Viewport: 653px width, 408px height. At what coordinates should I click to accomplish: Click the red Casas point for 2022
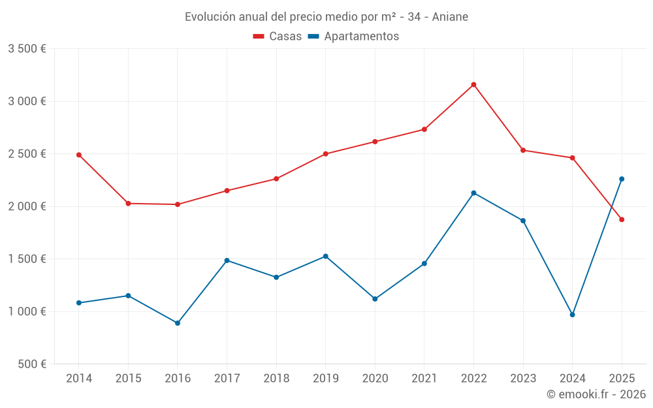tap(473, 84)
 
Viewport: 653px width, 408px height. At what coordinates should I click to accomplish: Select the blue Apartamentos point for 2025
tap(622, 179)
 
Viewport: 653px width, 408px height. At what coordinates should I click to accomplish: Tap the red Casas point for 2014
tap(79, 155)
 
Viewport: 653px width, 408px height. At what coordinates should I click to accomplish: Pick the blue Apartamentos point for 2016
tap(178, 323)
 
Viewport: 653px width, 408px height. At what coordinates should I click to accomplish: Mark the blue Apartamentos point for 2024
tap(573, 315)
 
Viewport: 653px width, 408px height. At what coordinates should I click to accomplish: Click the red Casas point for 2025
tap(622, 219)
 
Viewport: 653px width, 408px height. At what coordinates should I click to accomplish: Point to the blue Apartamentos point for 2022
tap(473, 193)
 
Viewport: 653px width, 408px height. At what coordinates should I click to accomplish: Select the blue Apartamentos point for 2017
tap(227, 260)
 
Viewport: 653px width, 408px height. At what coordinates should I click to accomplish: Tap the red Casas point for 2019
tap(326, 154)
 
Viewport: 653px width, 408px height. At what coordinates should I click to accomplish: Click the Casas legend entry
tap(278, 37)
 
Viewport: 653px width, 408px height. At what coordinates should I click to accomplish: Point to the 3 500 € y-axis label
tap(27, 49)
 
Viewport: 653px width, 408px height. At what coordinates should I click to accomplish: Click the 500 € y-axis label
tap(31, 364)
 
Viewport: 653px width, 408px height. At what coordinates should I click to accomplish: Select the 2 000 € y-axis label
tap(27, 206)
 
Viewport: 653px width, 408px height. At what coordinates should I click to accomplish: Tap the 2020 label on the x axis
tap(375, 379)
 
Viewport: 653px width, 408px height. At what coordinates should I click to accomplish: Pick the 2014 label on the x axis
tap(79, 379)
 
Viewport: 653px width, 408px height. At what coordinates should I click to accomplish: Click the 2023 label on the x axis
tap(523, 379)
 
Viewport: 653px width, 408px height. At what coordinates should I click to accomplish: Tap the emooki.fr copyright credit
tap(596, 394)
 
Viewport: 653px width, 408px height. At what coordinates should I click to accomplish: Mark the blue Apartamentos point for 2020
tap(375, 299)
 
